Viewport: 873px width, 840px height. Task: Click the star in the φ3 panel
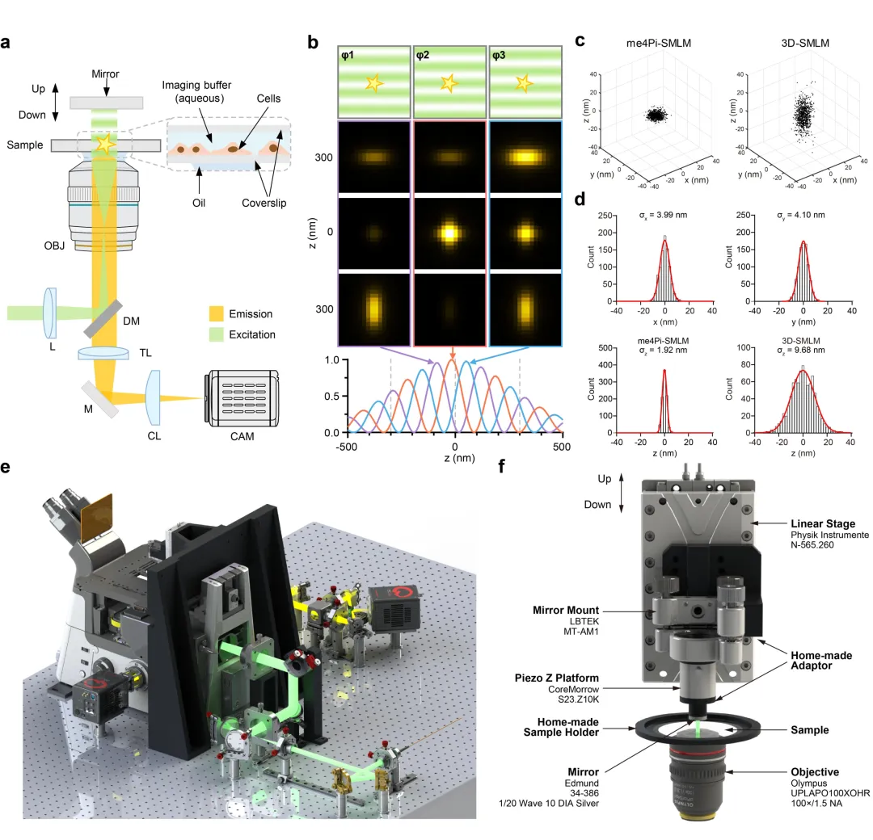(x=524, y=82)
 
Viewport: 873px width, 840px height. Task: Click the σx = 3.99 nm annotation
(x=664, y=216)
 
